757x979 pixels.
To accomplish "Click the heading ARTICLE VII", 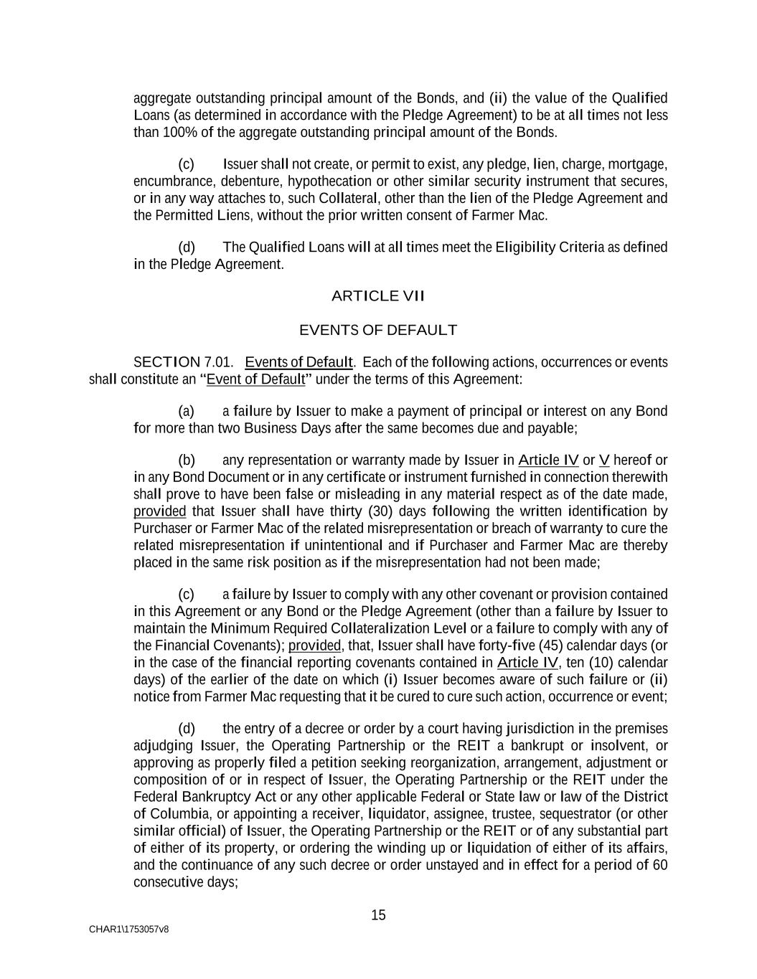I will pos(378,295).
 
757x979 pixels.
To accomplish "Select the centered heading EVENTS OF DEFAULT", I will pos(377,330).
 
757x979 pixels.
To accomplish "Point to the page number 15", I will pos(378,915).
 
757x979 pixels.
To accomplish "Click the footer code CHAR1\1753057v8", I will pos(129,930).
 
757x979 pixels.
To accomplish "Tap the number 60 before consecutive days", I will pos(660,865).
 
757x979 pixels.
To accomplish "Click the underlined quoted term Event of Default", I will pos(255,379).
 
